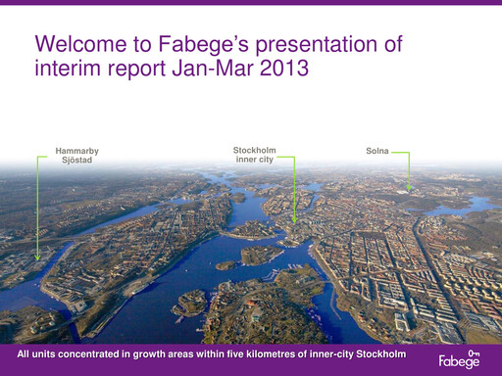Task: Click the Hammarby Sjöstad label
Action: tap(76, 155)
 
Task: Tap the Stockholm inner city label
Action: tap(254, 155)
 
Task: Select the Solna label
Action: tap(377, 151)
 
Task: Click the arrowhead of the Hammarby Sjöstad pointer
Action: tap(38, 258)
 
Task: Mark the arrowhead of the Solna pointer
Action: tap(409, 188)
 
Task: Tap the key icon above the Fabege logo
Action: tap(474, 352)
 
